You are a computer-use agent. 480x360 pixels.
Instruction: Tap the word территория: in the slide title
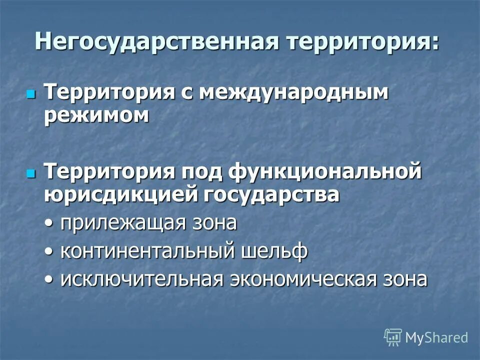point(363,40)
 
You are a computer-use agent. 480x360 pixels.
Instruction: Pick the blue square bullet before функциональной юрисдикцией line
point(31,173)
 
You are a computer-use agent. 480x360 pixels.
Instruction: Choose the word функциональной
point(325,172)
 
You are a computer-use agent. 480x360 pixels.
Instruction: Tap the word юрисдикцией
point(121,194)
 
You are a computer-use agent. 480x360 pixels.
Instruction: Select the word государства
point(272,194)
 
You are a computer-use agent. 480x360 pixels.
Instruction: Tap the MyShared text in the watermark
point(436,337)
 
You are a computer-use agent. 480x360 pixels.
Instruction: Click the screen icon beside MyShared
point(393,337)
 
